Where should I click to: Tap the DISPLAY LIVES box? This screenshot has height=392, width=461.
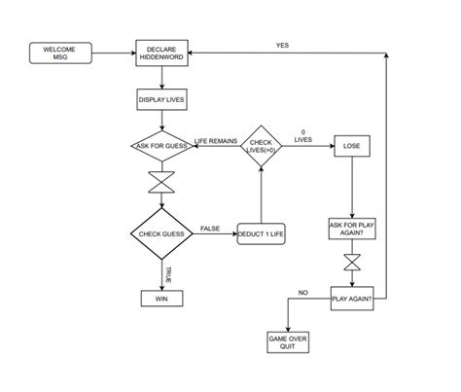161,99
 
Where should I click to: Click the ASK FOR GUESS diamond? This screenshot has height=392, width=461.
161,147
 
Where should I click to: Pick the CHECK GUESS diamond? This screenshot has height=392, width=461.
161,234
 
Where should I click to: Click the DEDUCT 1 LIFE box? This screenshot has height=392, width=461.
261,235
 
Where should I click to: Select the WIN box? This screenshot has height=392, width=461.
161,300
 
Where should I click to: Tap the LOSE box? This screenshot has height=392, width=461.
351,147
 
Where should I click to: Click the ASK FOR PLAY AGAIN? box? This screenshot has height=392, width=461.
351,231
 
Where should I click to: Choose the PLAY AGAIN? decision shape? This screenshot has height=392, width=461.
351,300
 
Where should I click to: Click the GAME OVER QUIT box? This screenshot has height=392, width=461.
287,342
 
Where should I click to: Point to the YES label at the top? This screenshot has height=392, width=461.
282,46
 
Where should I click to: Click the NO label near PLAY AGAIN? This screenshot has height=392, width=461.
302,292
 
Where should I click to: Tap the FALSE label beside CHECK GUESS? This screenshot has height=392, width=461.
210,229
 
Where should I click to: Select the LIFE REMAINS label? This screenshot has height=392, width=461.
216,141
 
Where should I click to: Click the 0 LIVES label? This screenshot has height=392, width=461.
303,135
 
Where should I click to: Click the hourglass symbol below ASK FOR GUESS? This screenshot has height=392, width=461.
161,183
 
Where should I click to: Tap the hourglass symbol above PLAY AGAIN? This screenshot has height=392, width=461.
351,265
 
